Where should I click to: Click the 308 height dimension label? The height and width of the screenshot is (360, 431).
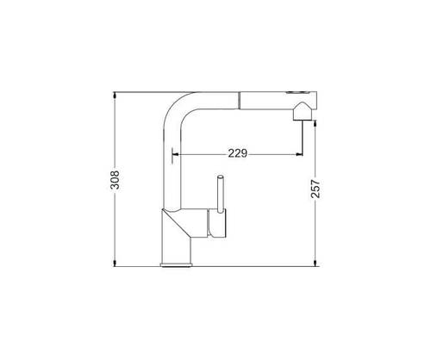point(115,180)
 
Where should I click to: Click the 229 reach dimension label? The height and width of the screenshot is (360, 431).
point(238,153)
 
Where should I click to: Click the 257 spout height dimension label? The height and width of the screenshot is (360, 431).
point(315,189)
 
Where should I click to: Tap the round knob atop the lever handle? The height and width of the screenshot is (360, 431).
point(221,177)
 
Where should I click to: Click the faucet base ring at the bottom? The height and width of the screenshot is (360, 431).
point(176,265)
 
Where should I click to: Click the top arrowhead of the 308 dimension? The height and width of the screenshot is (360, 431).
point(115,95)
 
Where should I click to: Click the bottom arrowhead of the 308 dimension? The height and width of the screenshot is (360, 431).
point(115,263)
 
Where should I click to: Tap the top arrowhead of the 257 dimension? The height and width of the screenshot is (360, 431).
point(315,123)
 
